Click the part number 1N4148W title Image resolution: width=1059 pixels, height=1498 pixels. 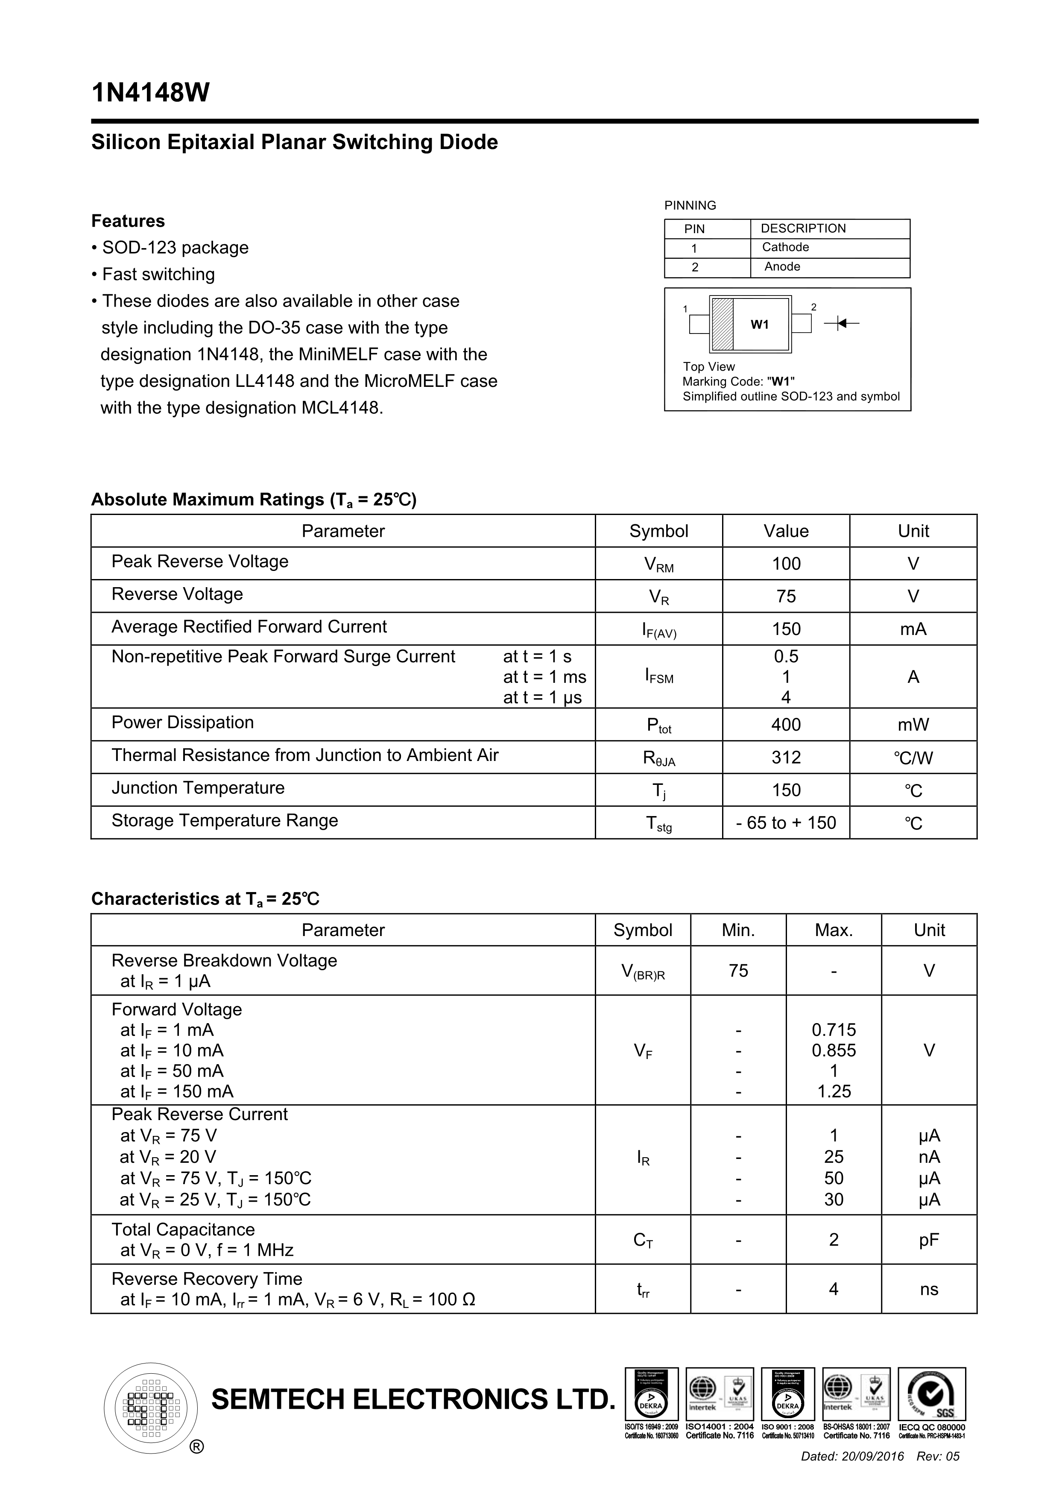pos(151,93)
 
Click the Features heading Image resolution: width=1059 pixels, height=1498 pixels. pos(128,221)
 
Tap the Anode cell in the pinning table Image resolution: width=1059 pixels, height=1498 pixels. pos(782,267)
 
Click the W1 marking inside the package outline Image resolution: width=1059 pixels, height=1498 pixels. pos(760,324)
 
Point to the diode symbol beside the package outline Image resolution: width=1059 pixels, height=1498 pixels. pos(842,323)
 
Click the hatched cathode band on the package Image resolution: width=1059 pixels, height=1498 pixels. pos(722,324)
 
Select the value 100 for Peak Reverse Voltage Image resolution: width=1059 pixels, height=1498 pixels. pos(786,564)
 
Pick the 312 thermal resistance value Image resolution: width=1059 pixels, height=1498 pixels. pos(786,758)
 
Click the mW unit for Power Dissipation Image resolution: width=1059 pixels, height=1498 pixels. pos(913,725)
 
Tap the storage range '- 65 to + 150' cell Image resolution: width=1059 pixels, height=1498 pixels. pos(786,823)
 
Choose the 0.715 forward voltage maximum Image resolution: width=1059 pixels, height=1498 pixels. pos(834,1030)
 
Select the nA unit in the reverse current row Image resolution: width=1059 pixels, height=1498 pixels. pos(929,1157)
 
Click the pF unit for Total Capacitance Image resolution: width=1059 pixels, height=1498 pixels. pos(929,1240)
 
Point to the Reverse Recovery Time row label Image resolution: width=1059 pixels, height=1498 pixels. pos(207,1279)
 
